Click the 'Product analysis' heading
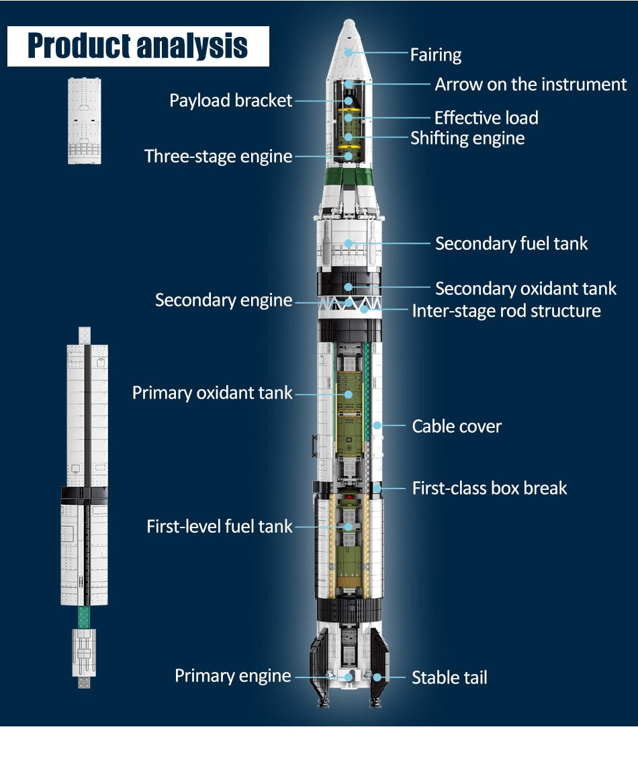tap(138, 46)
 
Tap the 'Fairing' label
tap(436, 55)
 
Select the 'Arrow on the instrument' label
tap(531, 85)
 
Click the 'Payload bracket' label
tap(230, 101)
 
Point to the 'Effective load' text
tap(486, 118)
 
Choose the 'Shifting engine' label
tap(467, 138)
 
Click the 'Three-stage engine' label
tap(218, 157)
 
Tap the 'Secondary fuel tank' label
tap(511, 243)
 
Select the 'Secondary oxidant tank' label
tap(525, 289)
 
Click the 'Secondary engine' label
tap(224, 300)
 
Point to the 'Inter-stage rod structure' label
tap(506, 311)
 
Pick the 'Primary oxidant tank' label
tap(212, 392)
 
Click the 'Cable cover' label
tap(457, 426)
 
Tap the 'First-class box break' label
tap(490, 489)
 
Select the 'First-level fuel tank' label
tap(220, 526)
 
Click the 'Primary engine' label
tap(232, 676)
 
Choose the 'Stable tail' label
tap(449, 677)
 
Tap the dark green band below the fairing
tap(349, 177)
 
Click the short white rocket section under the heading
tap(84, 121)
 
